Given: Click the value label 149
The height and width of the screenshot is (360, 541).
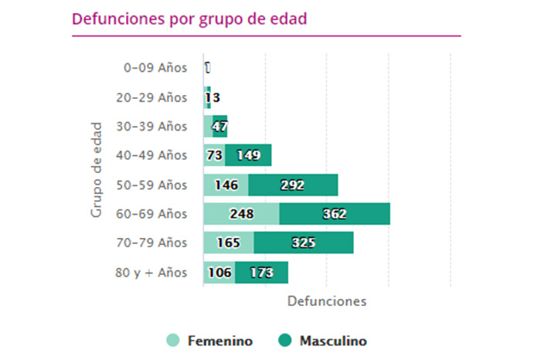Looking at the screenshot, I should coord(248,155).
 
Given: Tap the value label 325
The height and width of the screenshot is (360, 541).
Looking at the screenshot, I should coord(304,243).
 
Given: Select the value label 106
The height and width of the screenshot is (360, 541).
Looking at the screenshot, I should coord(219,272).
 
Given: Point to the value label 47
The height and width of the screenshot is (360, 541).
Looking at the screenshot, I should coord(219,127).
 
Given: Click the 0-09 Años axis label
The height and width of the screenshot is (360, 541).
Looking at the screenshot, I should coord(155,68).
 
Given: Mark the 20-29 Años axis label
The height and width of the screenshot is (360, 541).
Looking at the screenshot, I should coord(155,97).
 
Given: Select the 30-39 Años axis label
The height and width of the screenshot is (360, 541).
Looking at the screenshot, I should coord(155,126).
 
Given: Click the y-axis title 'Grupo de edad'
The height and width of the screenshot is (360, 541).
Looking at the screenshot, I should coord(97,168).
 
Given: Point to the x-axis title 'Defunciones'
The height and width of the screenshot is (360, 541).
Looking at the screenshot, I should coord(326,300).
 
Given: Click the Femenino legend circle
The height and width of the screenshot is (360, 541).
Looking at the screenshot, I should coord(174,341).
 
